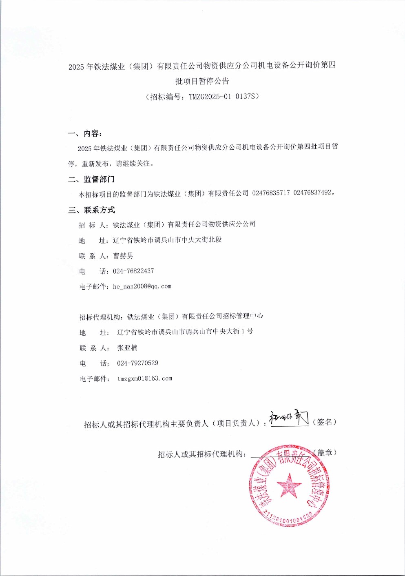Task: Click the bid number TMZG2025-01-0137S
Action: click(222, 97)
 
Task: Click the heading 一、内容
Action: click(85, 134)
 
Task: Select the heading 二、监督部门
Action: click(91, 179)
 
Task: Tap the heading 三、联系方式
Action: click(92, 210)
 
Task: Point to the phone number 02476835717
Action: click(271, 193)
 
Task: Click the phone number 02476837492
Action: click(312, 193)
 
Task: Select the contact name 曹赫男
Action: click(123, 256)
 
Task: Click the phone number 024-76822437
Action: click(133, 271)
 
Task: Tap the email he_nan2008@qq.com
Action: click(142, 286)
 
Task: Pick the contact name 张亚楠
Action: click(127, 348)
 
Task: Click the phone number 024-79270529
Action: click(137, 363)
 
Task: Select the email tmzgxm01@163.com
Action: click(145, 379)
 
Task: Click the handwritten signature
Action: click(289, 419)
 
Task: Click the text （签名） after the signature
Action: click(325, 422)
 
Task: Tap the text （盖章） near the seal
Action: click(325, 452)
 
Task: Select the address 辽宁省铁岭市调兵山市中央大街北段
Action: click(167, 240)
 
